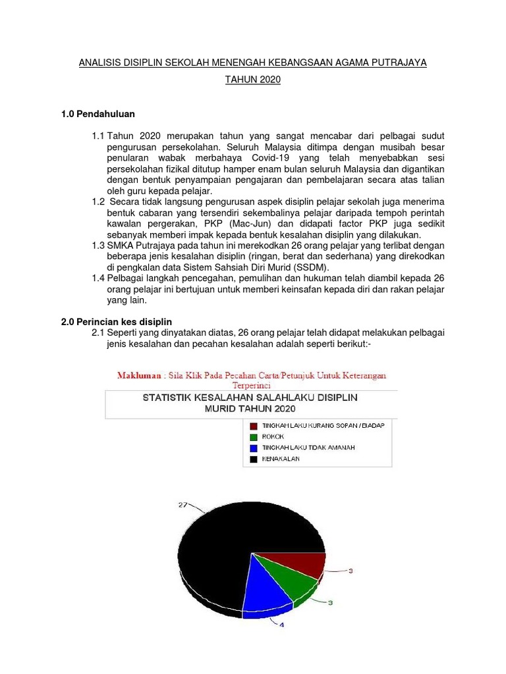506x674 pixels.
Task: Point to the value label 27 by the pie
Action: tap(183, 505)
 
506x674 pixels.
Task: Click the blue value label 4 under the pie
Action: tap(282, 625)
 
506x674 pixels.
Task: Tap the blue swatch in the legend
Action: tap(253, 448)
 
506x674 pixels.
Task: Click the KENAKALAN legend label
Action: tap(281, 459)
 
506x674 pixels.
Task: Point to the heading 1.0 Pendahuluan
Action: tap(98, 114)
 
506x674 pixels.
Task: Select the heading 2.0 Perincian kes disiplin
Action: tap(117, 322)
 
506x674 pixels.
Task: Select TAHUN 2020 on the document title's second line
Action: tap(253, 80)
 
